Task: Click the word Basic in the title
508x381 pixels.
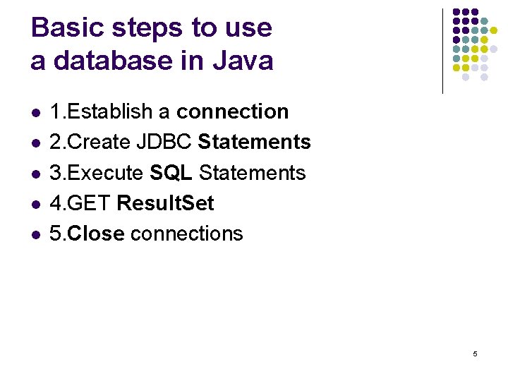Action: [63, 28]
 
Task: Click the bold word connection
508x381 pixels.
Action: [232, 111]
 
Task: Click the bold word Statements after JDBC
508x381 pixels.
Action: [254, 142]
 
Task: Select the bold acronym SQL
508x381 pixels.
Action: [171, 173]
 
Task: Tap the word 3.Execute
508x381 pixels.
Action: [97, 173]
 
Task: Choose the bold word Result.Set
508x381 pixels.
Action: [165, 203]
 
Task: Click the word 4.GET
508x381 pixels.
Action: [80, 203]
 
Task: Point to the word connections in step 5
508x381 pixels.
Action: [187, 234]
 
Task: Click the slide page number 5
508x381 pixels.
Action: [475, 353]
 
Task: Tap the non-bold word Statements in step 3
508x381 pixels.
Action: [253, 173]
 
